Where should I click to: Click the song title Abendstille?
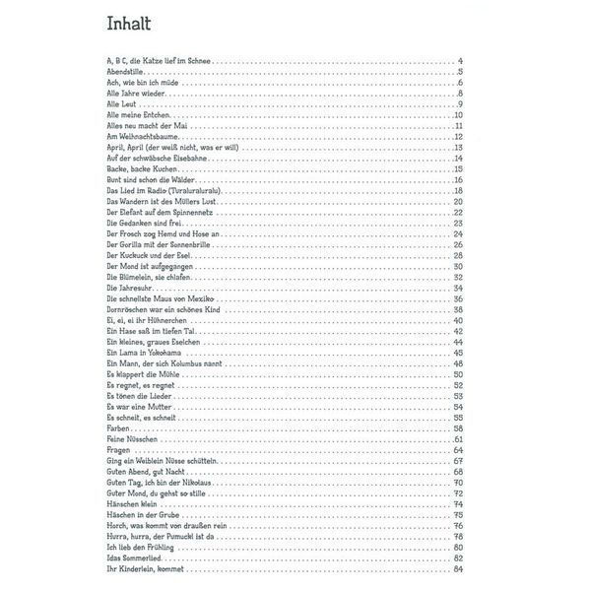pos(127,73)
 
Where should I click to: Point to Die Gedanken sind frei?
pos(142,223)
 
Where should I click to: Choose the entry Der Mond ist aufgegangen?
pos(149,266)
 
